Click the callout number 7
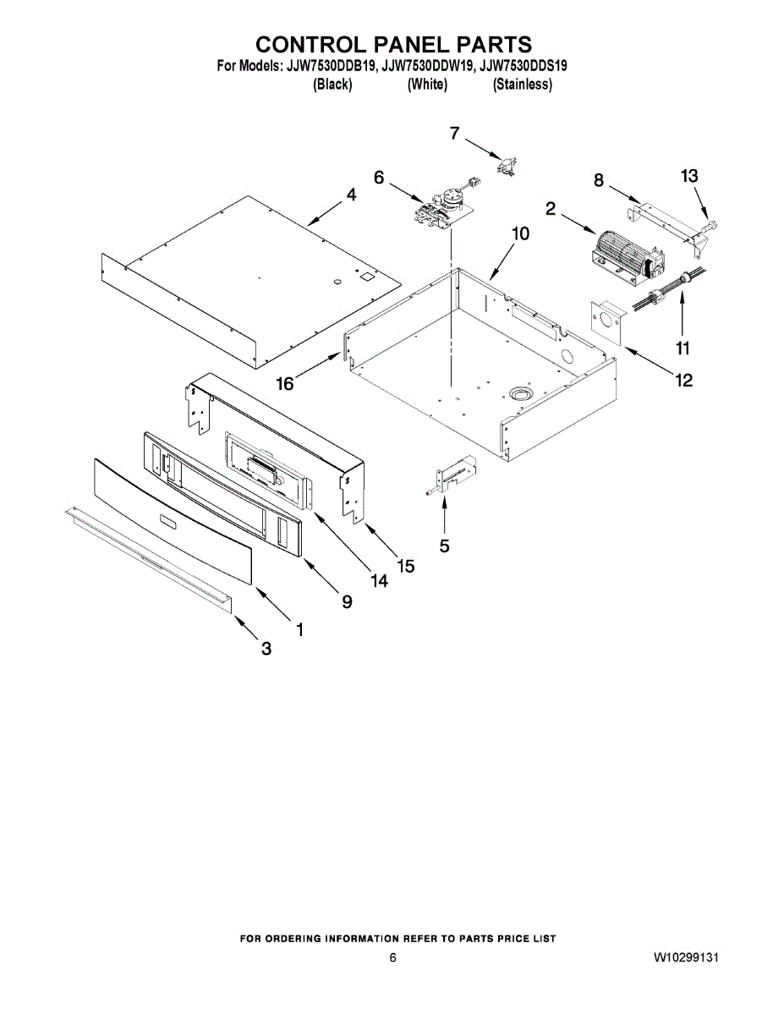pos(455,133)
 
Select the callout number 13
pos(690,176)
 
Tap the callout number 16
pos(285,383)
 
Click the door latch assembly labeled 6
pos(442,206)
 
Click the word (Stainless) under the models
pos(523,85)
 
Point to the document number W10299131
pos(686,958)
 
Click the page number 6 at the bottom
pos(392,958)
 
